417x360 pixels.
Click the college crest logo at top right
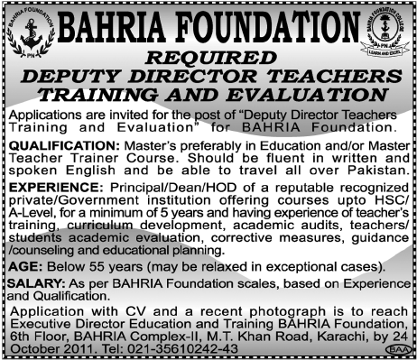click(x=385, y=36)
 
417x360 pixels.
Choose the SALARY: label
click(x=32, y=284)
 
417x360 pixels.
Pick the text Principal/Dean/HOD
click(x=161, y=186)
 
